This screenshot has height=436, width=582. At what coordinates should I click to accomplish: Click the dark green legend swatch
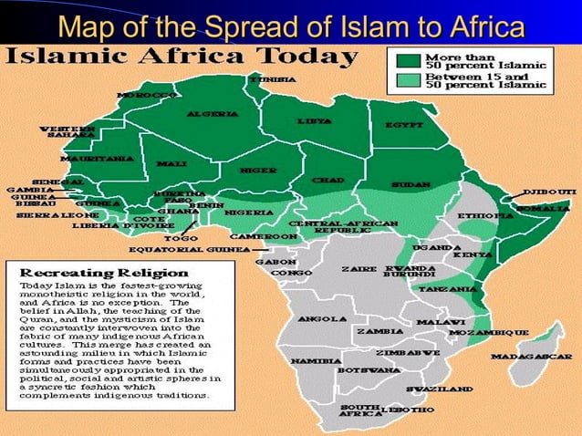[x=408, y=60]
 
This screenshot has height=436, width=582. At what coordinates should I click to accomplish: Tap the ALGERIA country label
[x=213, y=114]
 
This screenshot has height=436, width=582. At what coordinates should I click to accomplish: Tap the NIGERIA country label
[x=248, y=213]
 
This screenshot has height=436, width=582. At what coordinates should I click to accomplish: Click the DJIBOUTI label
[x=549, y=192]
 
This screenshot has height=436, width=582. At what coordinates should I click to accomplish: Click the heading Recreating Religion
[x=105, y=272]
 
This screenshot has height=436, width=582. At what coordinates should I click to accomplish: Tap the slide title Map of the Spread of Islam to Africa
[x=292, y=25]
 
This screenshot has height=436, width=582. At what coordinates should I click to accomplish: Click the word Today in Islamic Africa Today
[x=306, y=57]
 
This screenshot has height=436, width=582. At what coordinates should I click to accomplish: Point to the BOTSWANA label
[x=369, y=370]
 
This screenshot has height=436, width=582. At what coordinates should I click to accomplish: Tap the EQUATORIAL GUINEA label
[x=188, y=248]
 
